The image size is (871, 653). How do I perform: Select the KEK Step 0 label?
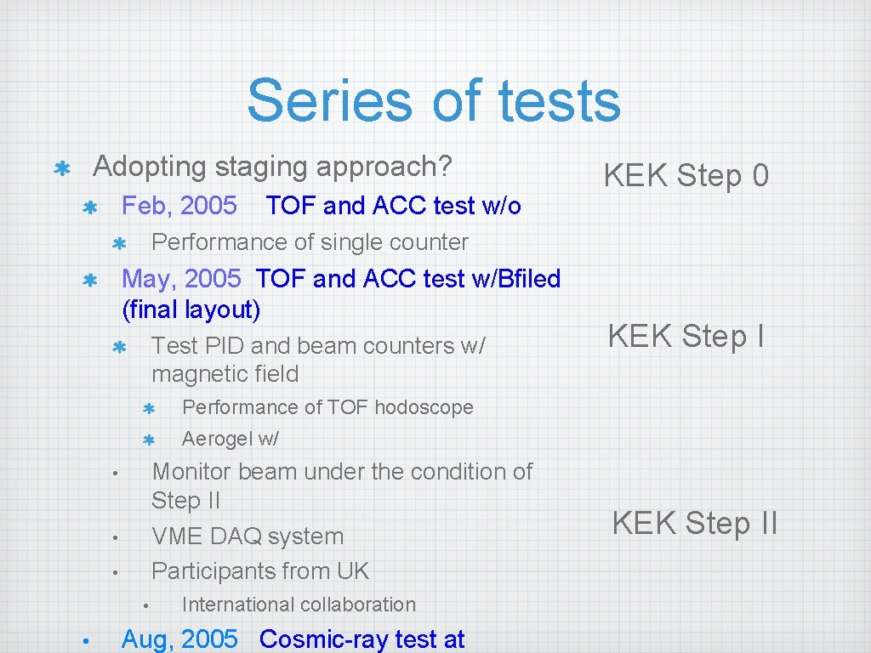point(686,176)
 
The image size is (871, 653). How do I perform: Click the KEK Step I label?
point(686,337)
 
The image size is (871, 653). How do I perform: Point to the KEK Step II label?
point(694,523)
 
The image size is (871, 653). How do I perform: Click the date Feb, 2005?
point(179,206)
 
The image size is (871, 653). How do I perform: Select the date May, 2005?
point(181,279)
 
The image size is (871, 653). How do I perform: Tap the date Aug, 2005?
point(179,639)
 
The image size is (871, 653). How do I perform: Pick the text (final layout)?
point(191,309)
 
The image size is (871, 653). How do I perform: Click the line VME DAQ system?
point(248,537)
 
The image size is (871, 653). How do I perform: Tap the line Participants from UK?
point(260,571)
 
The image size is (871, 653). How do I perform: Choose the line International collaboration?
point(299,605)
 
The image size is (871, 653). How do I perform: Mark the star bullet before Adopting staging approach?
point(61,168)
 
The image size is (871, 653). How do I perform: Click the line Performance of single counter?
point(310,242)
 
